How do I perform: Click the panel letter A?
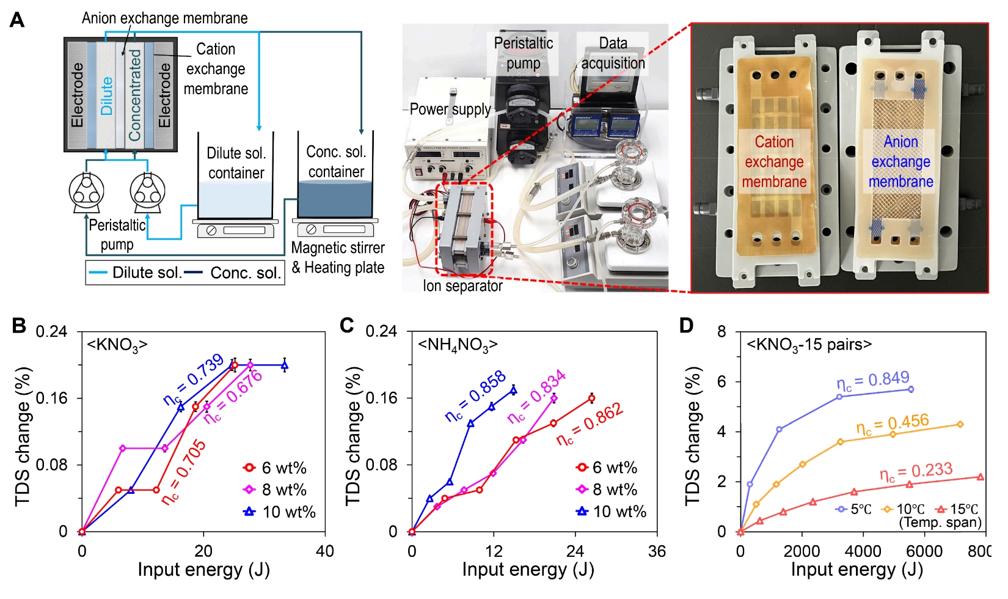17,20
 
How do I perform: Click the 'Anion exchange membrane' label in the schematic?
164,18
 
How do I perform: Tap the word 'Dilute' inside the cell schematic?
107,96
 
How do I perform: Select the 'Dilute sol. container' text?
236,163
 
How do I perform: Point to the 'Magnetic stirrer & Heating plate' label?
338,257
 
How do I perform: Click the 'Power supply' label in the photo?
450,109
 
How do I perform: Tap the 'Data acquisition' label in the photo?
613,53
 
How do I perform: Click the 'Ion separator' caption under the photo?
462,285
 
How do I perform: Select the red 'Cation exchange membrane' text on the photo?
774,161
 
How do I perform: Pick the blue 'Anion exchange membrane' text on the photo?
900,161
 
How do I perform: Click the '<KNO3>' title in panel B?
117,345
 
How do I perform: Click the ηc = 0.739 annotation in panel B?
194,380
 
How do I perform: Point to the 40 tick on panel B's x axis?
324,551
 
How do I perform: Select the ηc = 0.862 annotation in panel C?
590,424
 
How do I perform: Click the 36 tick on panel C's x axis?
657,551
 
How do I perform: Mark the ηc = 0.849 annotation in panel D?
873,381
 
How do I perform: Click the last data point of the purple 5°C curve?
910,389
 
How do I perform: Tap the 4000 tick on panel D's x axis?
863,551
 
